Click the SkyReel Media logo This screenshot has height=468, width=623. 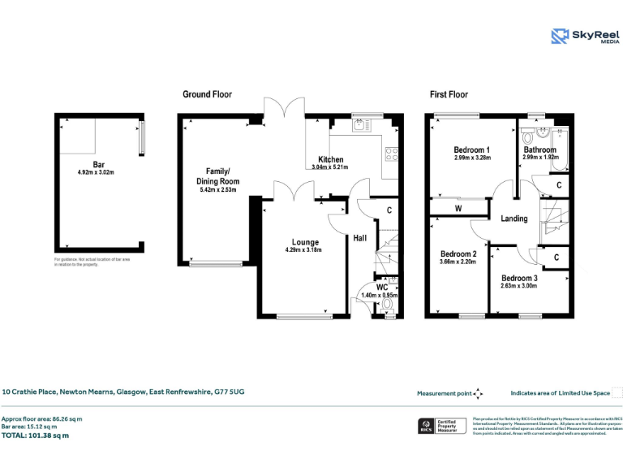click(x=584, y=36)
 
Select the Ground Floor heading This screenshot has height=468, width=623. click(x=207, y=94)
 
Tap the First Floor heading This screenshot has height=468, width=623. click(x=449, y=94)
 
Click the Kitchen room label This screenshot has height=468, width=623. click(x=330, y=159)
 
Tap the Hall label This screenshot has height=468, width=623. click(x=360, y=238)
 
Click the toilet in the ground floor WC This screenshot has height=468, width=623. click(x=387, y=305)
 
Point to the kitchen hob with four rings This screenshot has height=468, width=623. click(x=392, y=152)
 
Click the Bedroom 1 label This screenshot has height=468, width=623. click(x=471, y=150)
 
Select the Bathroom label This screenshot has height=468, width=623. click(x=539, y=150)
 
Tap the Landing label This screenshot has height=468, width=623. click(x=513, y=219)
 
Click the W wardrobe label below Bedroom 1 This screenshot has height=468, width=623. click(x=458, y=209)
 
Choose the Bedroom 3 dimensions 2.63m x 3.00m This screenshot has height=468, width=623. click(x=518, y=286)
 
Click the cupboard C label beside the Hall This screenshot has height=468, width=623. click(x=389, y=210)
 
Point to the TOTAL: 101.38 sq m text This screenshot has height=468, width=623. click(x=35, y=435)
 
